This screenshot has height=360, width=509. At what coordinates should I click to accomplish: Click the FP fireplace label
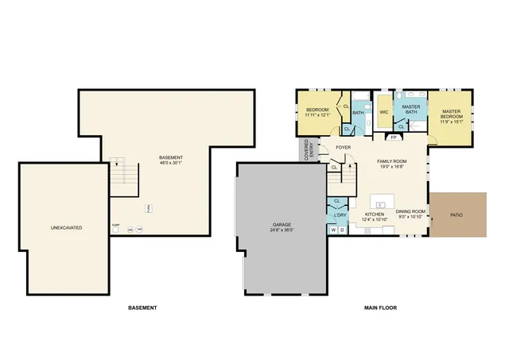(x=393, y=137)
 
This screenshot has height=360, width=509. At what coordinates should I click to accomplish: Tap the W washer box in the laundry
(x=333, y=230)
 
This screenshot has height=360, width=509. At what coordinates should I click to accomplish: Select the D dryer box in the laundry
(x=342, y=230)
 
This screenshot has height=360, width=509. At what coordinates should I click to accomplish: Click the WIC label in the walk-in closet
(x=383, y=112)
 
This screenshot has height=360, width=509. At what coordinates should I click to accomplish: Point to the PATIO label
(x=457, y=215)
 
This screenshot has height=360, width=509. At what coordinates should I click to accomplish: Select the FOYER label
(x=343, y=147)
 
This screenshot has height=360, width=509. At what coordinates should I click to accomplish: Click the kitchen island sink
(x=379, y=204)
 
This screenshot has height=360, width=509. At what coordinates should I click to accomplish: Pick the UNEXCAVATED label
(x=67, y=228)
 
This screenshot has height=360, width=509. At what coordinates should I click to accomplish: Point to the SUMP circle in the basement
(x=116, y=230)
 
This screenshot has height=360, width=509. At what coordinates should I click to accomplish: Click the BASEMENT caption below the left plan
(x=142, y=308)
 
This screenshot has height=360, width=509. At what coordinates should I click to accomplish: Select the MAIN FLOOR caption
(x=380, y=308)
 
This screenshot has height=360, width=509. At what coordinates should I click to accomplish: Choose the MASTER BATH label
(x=410, y=109)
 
